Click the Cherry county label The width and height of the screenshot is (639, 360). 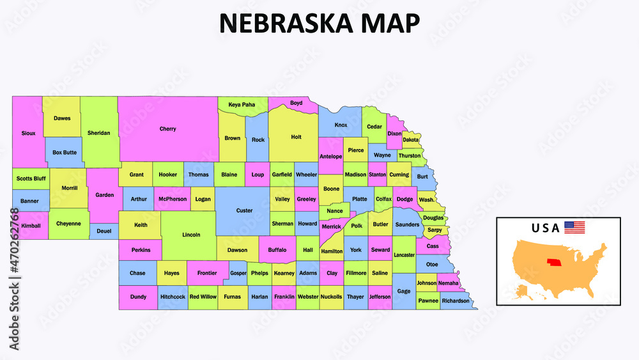tap(167, 129)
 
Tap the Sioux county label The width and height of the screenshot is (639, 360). tap(28, 133)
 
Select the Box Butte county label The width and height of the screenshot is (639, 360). tap(65, 152)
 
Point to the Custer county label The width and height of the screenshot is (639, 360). tap(244, 210)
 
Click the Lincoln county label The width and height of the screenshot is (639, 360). tap(191, 235)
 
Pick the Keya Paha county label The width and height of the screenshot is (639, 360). tap(242, 104)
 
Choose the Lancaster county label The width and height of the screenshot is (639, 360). tap(404, 254)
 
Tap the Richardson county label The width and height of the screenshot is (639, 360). tap(455, 301)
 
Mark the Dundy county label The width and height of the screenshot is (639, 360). tap(138, 297)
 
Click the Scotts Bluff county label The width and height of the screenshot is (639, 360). tap(30, 178)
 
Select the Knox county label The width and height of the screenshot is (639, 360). tap(341, 125)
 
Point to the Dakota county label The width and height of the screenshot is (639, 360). tap(411, 139)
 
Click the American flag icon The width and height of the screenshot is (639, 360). tap(574, 227)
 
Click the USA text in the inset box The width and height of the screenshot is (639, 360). tap(545, 228)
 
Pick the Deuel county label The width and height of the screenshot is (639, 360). tap(104, 231)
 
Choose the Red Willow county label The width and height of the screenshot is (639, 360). tap(203, 297)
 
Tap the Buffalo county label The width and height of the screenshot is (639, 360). tap(277, 249)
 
